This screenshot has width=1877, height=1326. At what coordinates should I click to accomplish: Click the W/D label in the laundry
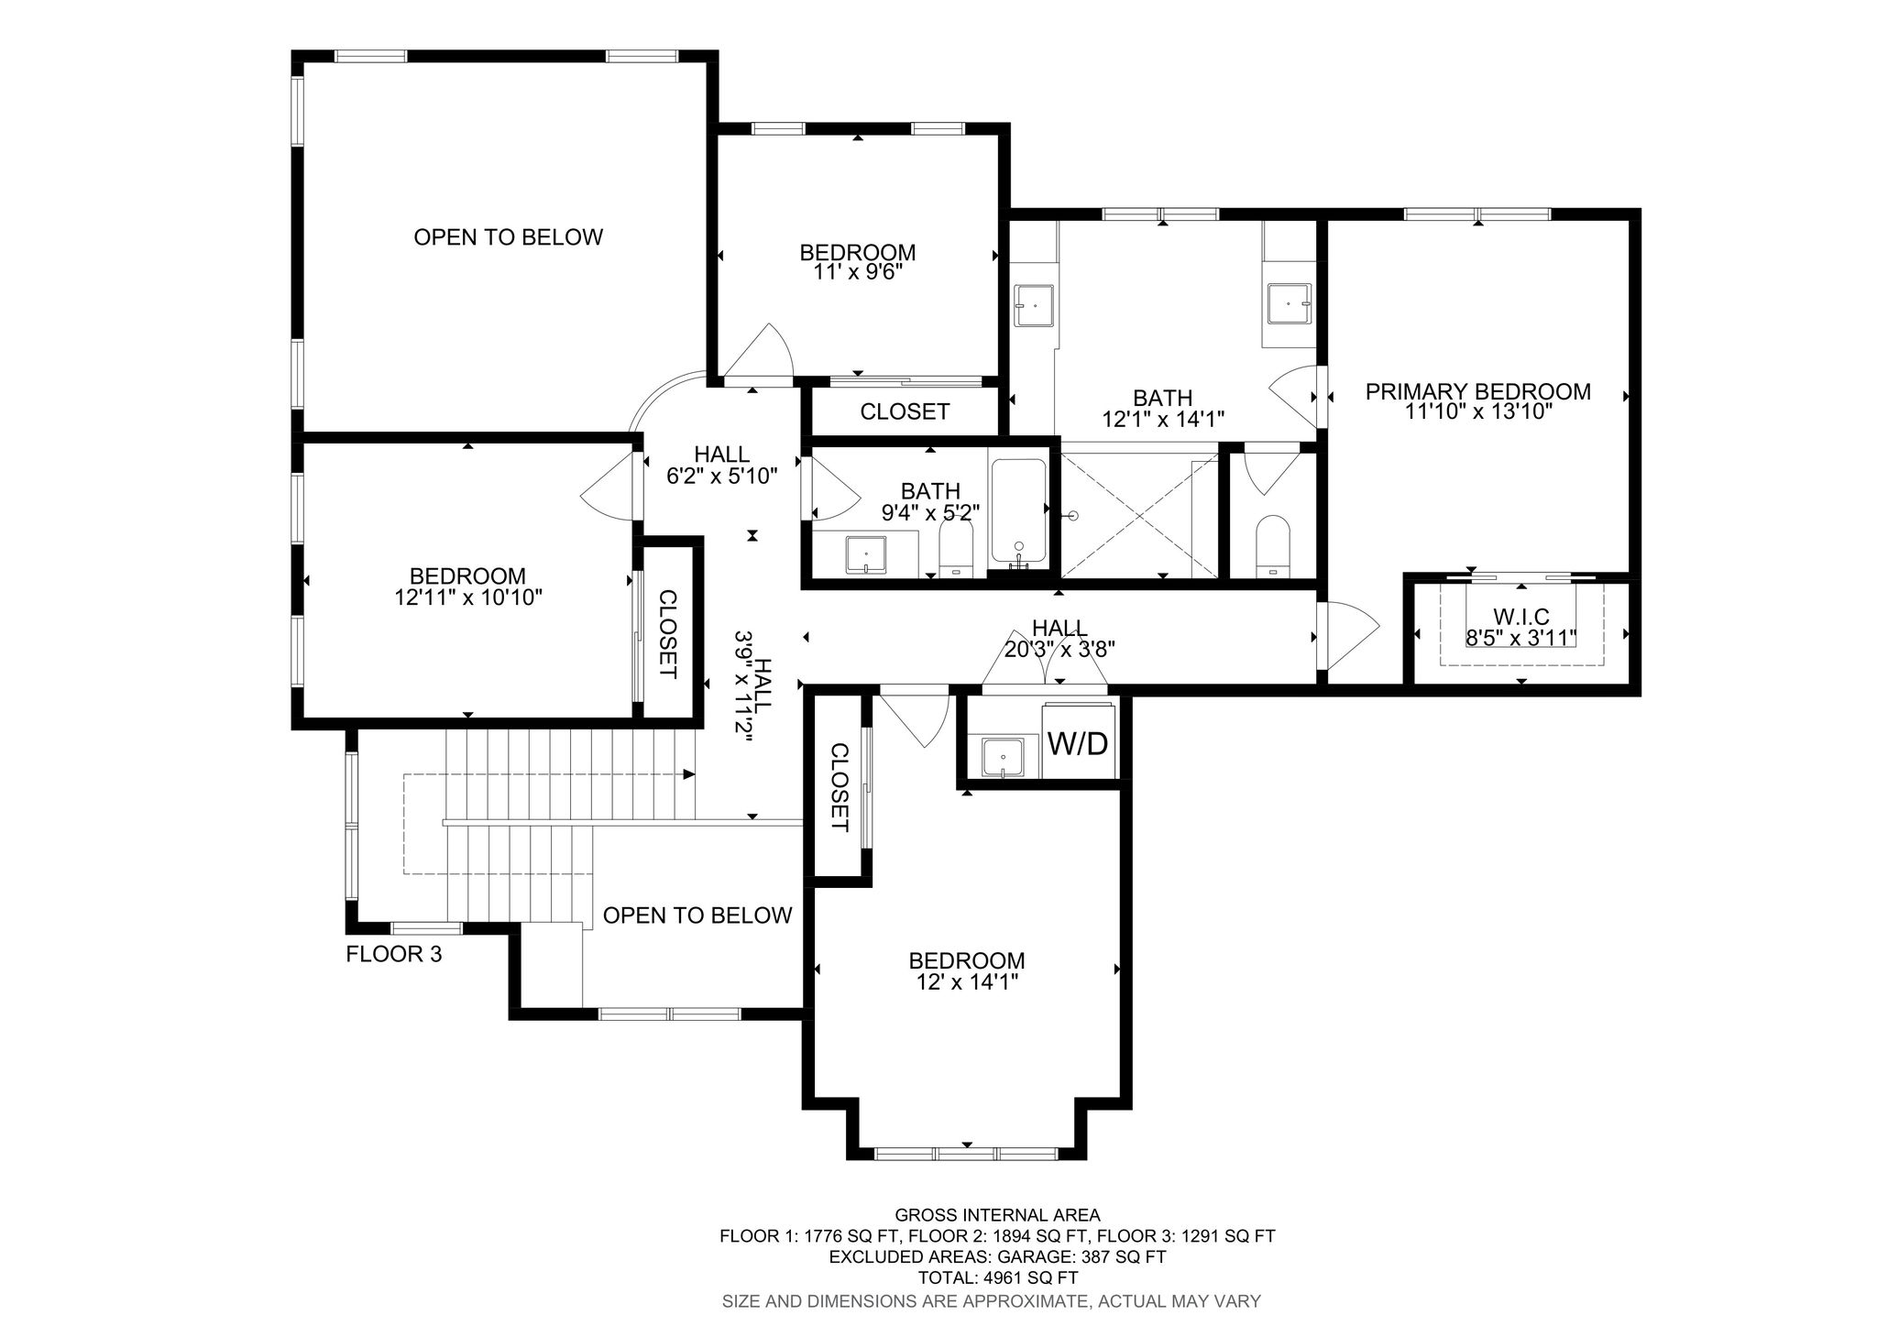1078,743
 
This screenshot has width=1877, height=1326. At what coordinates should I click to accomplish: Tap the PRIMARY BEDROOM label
1477,392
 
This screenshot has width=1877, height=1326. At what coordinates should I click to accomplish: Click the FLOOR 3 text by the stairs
394,954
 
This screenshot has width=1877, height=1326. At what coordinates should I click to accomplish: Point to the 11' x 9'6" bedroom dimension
858,272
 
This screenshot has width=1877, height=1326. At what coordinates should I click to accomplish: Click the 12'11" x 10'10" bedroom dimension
467,597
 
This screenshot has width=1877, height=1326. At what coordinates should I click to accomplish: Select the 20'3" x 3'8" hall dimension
1059,649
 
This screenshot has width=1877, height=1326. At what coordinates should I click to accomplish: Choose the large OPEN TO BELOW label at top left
509,237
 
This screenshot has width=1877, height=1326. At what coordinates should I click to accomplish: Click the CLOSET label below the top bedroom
905,411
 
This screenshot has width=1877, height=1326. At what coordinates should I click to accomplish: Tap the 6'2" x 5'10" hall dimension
722,476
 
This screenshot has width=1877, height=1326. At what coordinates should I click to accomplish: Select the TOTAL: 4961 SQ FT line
998,1278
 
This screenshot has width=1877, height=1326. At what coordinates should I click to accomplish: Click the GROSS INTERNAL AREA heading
998,1215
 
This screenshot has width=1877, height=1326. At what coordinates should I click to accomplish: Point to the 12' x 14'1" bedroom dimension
967,982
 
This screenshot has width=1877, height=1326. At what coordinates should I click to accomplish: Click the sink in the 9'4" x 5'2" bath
866,554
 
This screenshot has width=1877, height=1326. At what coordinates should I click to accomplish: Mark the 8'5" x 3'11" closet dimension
1521,638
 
